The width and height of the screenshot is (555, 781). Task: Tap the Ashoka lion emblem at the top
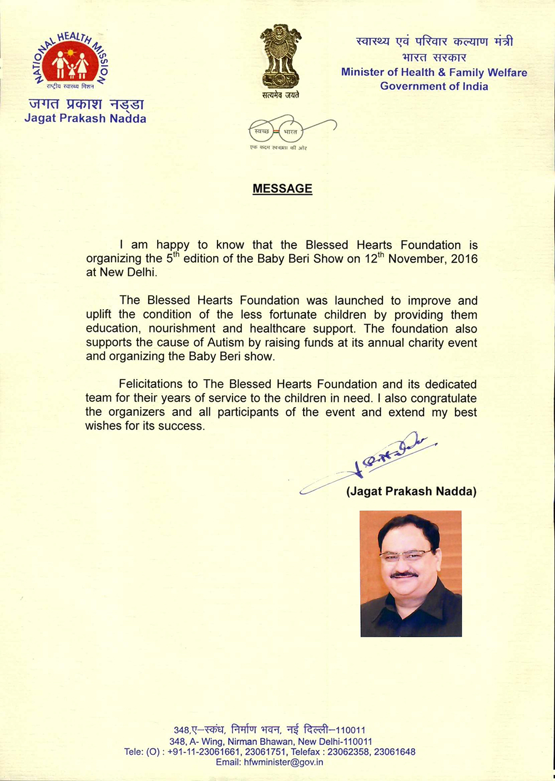click(x=280, y=58)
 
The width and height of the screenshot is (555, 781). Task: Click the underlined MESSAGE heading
click(x=282, y=189)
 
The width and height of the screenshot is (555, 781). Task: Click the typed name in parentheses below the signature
click(x=411, y=491)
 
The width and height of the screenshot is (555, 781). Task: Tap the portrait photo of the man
click(x=411, y=573)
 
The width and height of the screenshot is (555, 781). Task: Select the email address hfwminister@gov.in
click(x=283, y=762)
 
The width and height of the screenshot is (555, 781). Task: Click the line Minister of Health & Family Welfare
click(x=434, y=72)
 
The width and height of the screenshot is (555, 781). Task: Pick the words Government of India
click(x=434, y=86)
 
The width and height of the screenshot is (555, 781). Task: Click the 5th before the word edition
click(x=172, y=258)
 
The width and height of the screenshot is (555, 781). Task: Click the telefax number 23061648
click(x=395, y=752)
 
